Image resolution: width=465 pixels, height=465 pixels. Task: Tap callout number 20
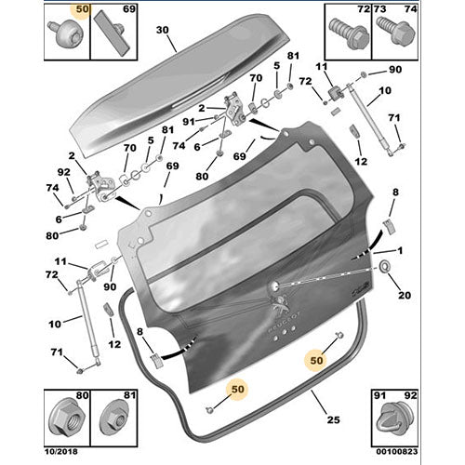tap(403, 296)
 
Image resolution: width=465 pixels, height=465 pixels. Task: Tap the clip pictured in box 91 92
tap(396, 422)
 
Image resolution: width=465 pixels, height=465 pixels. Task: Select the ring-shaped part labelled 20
tap(384, 270)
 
